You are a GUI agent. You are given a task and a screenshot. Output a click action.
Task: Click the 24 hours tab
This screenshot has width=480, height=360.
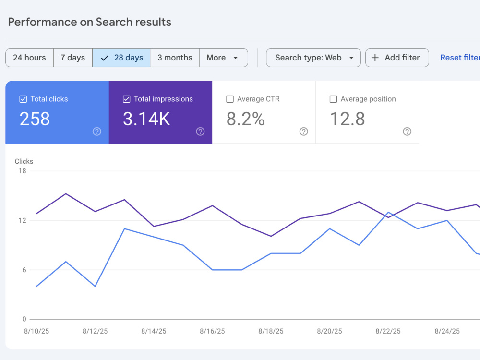29,58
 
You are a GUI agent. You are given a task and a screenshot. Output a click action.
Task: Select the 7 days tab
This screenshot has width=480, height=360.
73,58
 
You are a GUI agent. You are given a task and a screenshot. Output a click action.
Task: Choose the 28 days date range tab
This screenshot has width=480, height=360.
121,58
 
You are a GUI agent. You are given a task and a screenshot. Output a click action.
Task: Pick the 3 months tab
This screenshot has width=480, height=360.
175,58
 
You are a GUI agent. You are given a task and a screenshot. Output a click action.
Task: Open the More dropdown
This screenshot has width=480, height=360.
224,58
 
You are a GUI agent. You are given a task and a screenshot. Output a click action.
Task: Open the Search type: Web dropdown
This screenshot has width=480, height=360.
313,58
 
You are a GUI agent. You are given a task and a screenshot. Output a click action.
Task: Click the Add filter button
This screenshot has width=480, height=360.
397,58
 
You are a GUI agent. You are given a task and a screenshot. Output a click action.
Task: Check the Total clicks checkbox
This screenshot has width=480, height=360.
23,99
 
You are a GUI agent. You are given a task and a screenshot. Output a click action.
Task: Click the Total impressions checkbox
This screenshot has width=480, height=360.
126,99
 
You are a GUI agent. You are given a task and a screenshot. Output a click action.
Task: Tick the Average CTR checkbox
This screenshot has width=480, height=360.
230,99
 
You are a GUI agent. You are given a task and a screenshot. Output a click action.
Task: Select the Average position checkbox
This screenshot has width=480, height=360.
334,99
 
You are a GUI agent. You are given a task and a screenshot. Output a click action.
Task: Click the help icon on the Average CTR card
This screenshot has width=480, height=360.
304,132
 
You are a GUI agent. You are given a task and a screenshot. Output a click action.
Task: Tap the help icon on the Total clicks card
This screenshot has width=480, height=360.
97,132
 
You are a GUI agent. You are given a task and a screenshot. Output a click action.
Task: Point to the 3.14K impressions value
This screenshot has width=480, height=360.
146,119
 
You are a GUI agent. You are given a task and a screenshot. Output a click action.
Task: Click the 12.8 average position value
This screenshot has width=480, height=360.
348,119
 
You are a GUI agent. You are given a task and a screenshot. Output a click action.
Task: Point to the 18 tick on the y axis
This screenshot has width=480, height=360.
23,171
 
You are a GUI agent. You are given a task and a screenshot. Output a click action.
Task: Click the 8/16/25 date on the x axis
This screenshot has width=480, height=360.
212,331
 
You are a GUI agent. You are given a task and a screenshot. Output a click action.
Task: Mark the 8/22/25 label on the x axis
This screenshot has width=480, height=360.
388,331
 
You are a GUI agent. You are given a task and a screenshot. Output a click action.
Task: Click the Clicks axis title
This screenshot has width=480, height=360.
24,161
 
